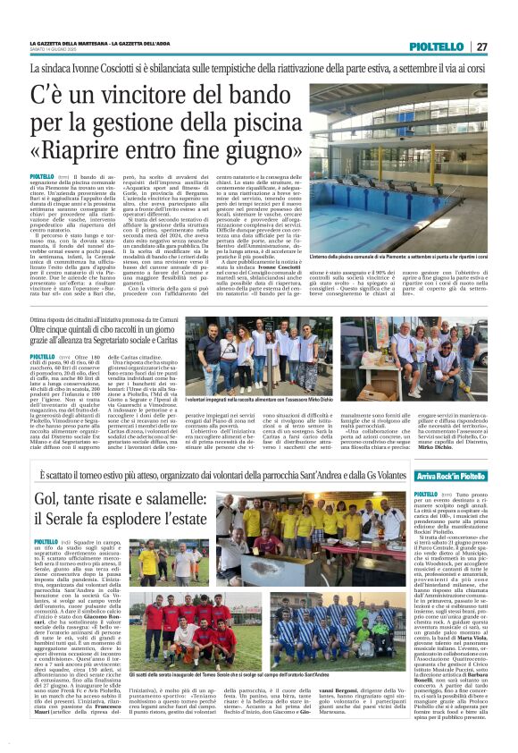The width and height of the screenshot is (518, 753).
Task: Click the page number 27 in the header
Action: pos(481,47)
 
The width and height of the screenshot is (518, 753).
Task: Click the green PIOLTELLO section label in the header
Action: pos(438,47)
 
